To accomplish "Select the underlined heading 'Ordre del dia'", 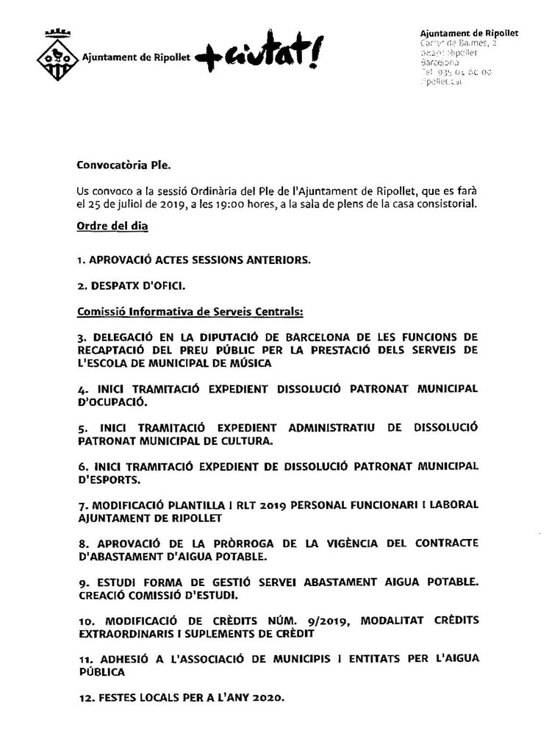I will [112, 225].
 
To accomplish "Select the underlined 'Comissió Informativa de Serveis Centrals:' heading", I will [190, 312].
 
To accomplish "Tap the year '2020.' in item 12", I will [259, 699].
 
